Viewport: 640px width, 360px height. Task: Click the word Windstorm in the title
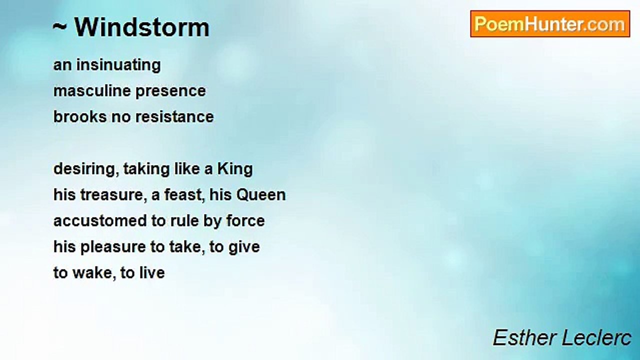click(142, 27)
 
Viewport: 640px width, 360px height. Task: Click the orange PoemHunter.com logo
click(550, 24)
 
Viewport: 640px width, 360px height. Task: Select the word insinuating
click(118, 65)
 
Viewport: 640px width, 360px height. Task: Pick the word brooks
click(80, 116)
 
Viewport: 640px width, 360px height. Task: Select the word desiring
click(86, 169)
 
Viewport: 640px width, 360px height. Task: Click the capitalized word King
click(235, 169)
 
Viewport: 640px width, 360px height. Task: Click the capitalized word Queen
click(261, 195)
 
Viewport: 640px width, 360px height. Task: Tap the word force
click(245, 221)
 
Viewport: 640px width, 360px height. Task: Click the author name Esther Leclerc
click(562, 337)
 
